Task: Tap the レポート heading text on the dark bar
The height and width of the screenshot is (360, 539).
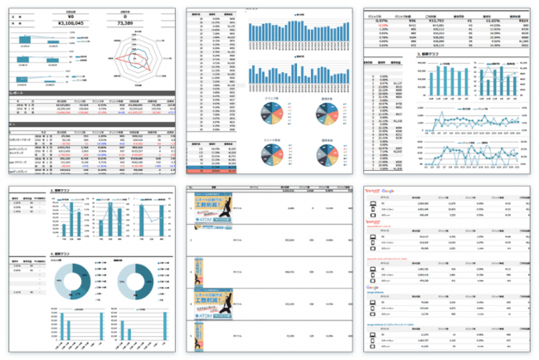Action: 17,94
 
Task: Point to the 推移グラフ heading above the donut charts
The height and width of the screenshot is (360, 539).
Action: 65,252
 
